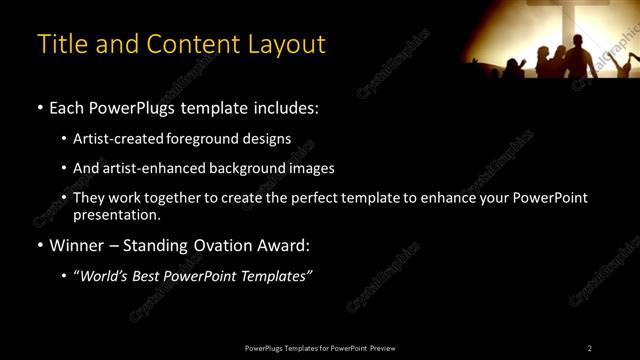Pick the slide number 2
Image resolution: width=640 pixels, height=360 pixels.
[x=590, y=348]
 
